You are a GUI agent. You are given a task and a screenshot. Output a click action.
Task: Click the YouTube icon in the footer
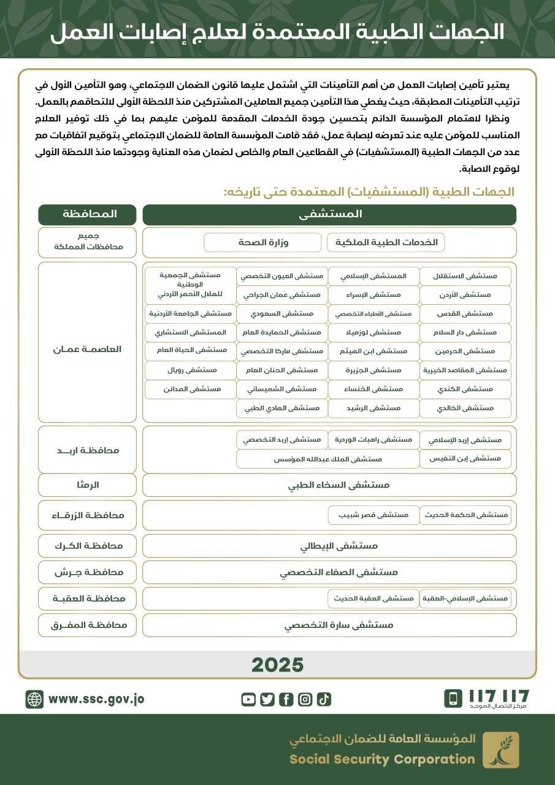pyautogui.click(x=248, y=699)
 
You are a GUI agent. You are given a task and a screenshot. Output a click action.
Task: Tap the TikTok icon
pyautogui.click(x=324, y=699)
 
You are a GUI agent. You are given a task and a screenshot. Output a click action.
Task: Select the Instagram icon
pyautogui.click(x=305, y=699)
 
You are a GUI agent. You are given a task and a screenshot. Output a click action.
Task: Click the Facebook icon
pyautogui.click(x=286, y=699)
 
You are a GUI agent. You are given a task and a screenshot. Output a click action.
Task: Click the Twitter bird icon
pyautogui.click(x=267, y=699)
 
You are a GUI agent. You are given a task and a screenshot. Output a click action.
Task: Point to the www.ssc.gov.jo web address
pyautogui.click(x=96, y=699)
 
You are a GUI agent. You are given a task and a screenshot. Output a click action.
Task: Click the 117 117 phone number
pyautogui.click(x=498, y=696)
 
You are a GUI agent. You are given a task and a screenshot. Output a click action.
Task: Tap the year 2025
pyautogui.click(x=277, y=664)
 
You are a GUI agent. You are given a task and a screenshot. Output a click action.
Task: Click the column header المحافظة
pyautogui.click(x=87, y=215)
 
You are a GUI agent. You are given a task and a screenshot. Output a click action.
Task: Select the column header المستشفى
pyautogui.click(x=329, y=215)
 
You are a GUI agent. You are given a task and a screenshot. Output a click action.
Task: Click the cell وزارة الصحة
pyautogui.click(x=262, y=242)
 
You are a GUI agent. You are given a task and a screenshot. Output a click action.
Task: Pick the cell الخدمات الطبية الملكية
pyautogui.click(x=386, y=242)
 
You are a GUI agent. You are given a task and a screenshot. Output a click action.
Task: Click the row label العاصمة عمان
pyautogui.click(x=87, y=349)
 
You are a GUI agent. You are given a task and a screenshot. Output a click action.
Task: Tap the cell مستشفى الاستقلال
pyautogui.click(x=465, y=276)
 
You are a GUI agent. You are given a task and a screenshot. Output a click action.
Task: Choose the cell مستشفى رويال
pyautogui.click(x=191, y=370)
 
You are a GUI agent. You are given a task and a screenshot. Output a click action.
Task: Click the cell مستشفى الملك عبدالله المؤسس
pyautogui.click(x=327, y=459)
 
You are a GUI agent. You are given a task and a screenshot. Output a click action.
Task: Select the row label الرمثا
pyautogui.click(x=87, y=484)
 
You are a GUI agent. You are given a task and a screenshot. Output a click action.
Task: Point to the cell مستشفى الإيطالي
pyautogui.click(x=329, y=545)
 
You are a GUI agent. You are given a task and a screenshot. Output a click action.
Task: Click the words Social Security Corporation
pyautogui.click(x=382, y=759)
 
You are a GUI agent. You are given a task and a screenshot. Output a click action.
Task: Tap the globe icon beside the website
pyautogui.click(x=34, y=699)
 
